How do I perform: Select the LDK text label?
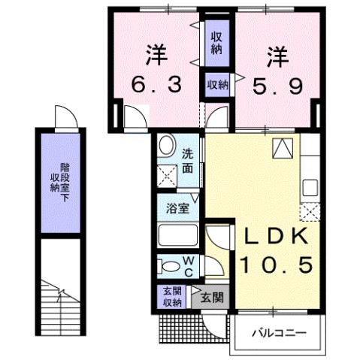pos(274,237)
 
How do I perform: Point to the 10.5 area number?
pos(274,264)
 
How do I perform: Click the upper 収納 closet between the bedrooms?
pos(216,43)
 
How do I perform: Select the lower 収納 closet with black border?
pos(217,85)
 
